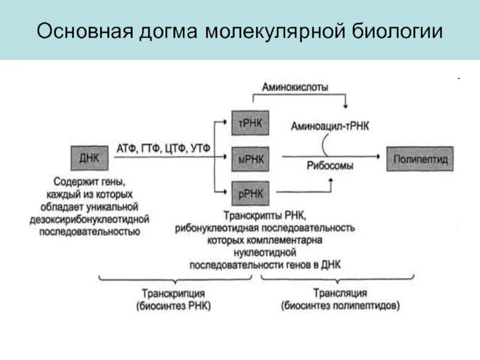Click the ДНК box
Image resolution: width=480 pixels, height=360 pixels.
88,158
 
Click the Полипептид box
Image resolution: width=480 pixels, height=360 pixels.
420,159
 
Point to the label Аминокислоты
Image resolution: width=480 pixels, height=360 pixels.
295,87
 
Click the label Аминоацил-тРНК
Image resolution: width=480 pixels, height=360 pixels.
331,126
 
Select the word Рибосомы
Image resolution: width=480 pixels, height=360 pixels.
330,166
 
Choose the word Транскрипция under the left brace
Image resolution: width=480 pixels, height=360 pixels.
174,293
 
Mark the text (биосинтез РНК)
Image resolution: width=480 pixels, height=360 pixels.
174,306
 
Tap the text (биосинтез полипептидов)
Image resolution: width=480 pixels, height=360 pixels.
340,305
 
